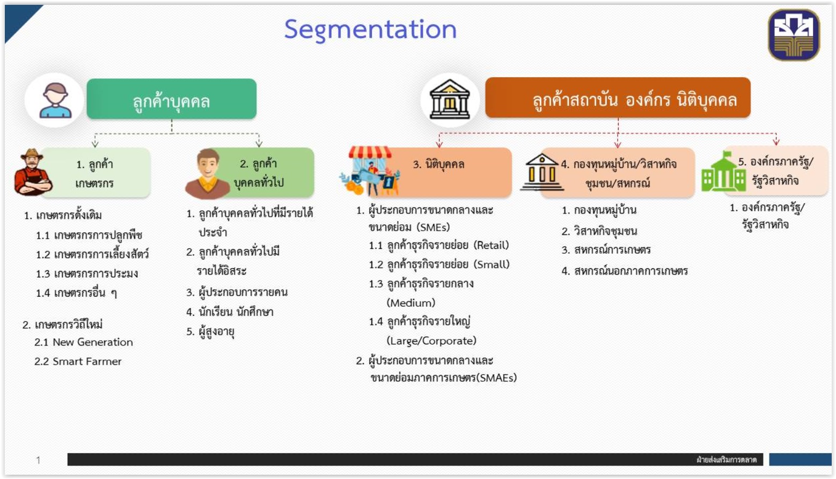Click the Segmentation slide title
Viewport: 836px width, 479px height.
pyautogui.click(x=370, y=30)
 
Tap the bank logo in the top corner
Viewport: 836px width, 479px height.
pyautogui.click(x=794, y=35)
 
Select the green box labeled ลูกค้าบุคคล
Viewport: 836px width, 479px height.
pyautogui.click(x=172, y=99)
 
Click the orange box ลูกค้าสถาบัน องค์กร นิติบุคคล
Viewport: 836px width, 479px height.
pyautogui.click(x=618, y=98)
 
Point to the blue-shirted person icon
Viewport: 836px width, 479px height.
pyautogui.click(x=55, y=100)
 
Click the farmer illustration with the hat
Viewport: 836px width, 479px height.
pyautogui.click(x=33, y=172)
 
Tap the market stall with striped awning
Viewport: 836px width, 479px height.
pyautogui.click(x=370, y=171)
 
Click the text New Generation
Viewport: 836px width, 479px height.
pyautogui.click(x=93, y=342)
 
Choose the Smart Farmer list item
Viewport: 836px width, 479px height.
pyautogui.click(x=87, y=361)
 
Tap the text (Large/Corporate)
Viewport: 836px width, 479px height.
pyautogui.click(x=431, y=341)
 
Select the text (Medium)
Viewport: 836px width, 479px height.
pyautogui.click(x=411, y=303)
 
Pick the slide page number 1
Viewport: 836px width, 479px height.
pyautogui.click(x=38, y=460)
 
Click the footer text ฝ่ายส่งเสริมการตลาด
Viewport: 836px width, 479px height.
pyautogui.click(x=727, y=460)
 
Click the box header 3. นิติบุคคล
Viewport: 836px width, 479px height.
pyautogui.click(x=438, y=164)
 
